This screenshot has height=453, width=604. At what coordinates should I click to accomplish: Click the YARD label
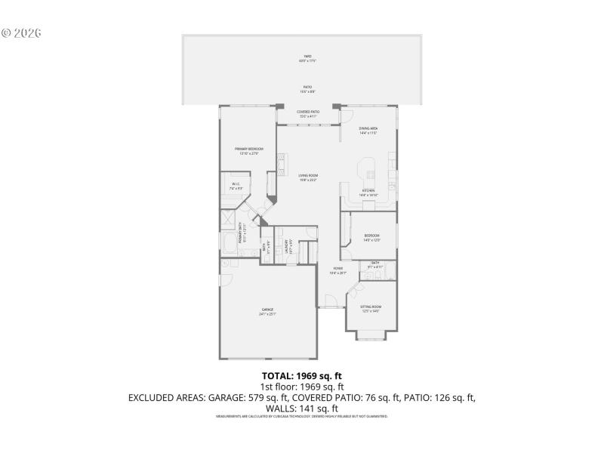(x=308, y=57)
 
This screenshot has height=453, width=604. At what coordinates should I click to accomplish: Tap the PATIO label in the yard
(x=308, y=88)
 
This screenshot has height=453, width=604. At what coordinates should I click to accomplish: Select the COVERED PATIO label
(x=307, y=114)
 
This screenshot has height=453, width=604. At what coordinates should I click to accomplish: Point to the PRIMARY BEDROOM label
(x=249, y=150)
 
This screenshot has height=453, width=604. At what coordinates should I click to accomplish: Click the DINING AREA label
(x=368, y=130)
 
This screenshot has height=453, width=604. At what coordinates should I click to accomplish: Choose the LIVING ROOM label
(x=307, y=177)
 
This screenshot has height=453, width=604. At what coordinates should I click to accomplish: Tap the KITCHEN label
(x=368, y=192)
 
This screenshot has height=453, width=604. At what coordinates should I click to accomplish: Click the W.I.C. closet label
(x=236, y=186)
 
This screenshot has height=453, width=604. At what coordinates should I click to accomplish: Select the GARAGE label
(x=267, y=311)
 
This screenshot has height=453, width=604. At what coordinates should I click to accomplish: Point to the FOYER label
(x=337, y=270)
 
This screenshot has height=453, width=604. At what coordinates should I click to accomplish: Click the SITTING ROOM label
(x=371, y=308)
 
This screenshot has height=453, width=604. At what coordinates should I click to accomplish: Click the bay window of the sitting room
(x=371, y=332)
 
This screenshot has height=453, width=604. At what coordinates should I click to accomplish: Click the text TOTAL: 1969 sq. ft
(x=301, y=375)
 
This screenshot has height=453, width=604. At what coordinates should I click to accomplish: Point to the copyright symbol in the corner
(x=6, y=33)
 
